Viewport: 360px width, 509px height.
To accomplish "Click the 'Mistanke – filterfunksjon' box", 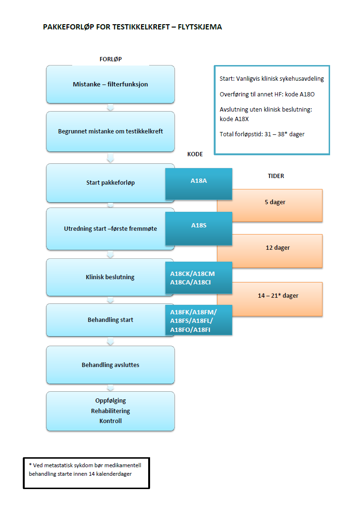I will coord(110,85).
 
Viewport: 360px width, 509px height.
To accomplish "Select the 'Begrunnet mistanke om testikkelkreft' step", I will coord(110,132).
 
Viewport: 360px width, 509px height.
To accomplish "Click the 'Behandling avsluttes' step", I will coord(110,365).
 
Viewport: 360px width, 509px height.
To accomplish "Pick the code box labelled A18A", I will coord(199,180).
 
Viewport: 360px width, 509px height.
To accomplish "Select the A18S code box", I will coord(199,226).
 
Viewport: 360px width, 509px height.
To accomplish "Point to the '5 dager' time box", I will coord(275,202).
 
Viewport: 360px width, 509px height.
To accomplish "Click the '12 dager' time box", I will coord(278,248).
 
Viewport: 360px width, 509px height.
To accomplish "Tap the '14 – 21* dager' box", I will coord(278,296).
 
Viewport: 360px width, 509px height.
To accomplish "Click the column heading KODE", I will coord(195,155).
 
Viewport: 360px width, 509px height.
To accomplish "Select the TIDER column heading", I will coord(276,176).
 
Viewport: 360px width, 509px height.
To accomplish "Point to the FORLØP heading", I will coord(110,59).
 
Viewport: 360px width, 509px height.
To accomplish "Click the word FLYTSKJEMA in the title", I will coord(199,27).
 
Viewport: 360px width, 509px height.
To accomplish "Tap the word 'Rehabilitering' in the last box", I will coord(110,411).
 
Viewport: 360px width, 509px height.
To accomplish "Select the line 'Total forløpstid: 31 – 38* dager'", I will coord(262,134).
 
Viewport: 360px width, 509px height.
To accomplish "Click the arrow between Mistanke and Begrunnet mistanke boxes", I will coord(111,107).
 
